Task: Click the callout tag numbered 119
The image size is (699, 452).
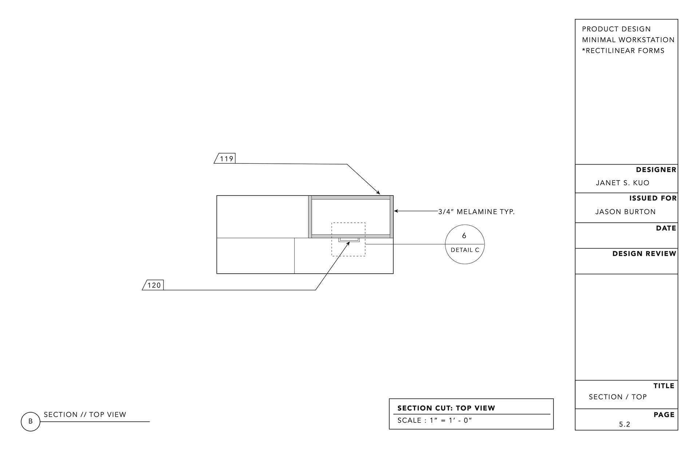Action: (226, 159)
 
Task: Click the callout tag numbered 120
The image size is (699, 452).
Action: (154, 285)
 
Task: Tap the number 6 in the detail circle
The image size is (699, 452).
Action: (464, 236)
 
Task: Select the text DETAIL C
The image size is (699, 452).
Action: (465, 250)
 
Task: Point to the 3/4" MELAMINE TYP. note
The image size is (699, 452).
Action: (476, 212)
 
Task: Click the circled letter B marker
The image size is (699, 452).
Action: (31, 421)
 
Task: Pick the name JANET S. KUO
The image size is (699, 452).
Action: (623, 183)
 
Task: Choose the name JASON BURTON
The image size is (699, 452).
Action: (625, 212)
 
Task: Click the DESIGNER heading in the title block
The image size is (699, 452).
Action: (656, 170)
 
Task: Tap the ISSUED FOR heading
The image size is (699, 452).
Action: (653, 198)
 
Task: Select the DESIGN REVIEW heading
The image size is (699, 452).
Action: (644, 254)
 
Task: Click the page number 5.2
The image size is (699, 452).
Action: (625, 424)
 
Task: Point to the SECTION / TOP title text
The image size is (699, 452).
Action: (618, 397)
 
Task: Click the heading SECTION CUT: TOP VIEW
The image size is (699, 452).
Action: (446, 408)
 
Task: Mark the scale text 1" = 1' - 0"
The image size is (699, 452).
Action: (451, 421)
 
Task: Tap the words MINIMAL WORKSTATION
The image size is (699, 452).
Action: (628, 40)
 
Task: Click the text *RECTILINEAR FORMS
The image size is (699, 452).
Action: (623, 51)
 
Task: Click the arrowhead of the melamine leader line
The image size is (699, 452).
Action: (396, 211)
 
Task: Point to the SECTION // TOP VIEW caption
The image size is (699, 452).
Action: (85, 415)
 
